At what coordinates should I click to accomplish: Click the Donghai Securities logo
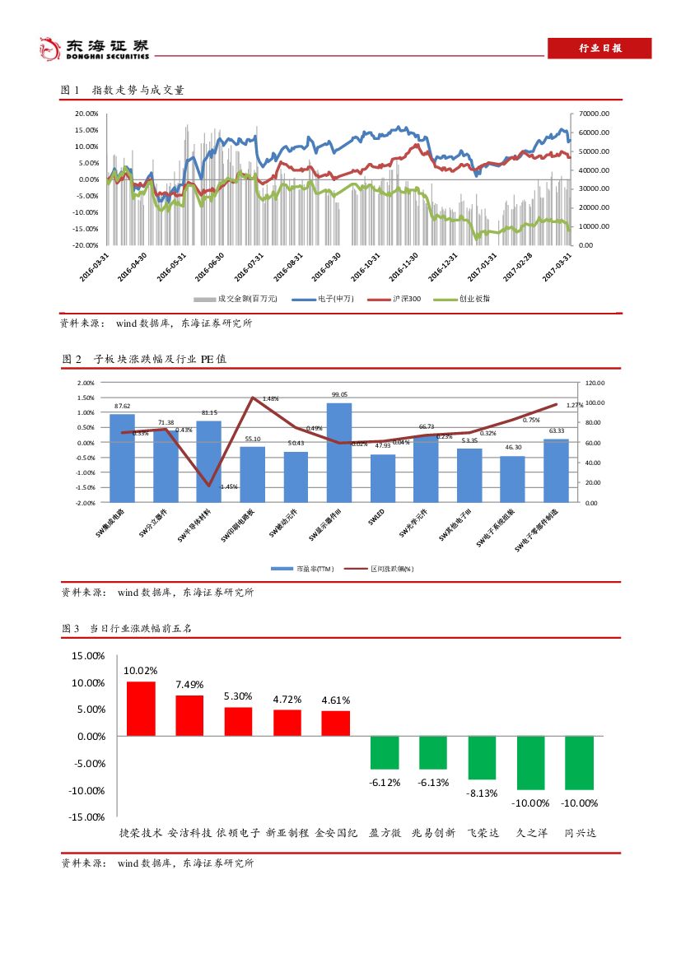click(95, 49)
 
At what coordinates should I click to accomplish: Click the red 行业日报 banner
click(600, 49)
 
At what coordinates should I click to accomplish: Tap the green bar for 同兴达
click(580, 762)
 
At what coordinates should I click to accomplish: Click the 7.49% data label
click(189, 684)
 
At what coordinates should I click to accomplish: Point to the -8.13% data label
click(482, 793)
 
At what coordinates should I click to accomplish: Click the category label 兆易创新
click(433, 833)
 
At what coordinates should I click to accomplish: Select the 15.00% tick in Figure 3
click(88, 656)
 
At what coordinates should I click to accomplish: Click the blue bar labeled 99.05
click(339, 452)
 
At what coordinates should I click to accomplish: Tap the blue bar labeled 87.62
click(122, 458)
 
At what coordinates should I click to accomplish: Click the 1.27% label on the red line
click(575, 405)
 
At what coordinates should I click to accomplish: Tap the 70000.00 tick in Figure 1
click(594, 114)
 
